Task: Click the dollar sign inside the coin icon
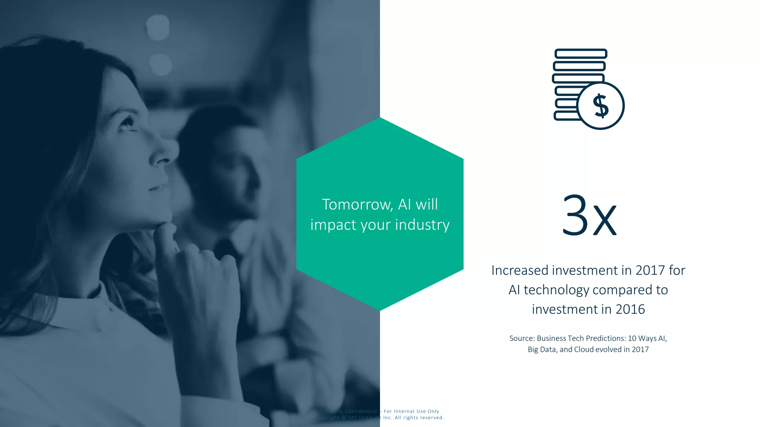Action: click(x=601, y=106)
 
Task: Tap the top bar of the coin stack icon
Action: click(x=581, y=54)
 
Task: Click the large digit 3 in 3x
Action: click(x=575, y=215)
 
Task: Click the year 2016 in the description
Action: click(x=630, y=309)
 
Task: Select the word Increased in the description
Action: click(x=520, y=270)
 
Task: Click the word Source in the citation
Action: click(x=521, y=338)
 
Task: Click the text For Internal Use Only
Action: click(x=411, y=411)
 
